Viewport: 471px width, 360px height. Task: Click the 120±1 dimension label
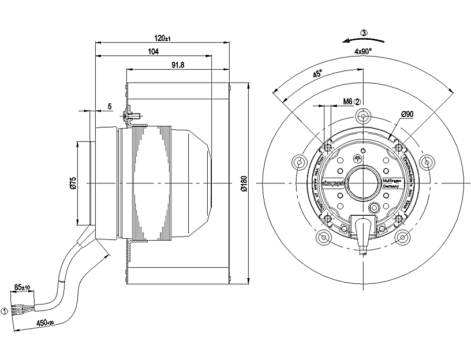click(x=163, y=38)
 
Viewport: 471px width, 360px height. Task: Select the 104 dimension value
click(x=154, y=51)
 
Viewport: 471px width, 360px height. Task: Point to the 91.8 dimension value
click(x=177, y=65)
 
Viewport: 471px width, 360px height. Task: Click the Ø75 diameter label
click(x=73, y=183)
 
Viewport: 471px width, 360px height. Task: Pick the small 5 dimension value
click(x=109, y=106)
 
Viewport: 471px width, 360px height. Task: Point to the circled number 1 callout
click(x=5, y=312)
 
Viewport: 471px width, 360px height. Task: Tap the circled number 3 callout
click(x=364, y=33)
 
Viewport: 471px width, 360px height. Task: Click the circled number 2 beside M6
click(x=358, y=102)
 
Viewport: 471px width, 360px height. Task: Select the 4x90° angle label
click(x=363, y=51)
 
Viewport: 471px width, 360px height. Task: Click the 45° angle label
click(x=317, y=74)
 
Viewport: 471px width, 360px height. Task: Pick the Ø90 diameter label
click(x=407, y=114)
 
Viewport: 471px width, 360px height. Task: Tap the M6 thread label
click(x=347, y=102)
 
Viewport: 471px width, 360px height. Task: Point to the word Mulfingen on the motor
click(x=391, y=181)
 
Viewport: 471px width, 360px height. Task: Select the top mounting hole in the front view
click(x=362, y=117)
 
